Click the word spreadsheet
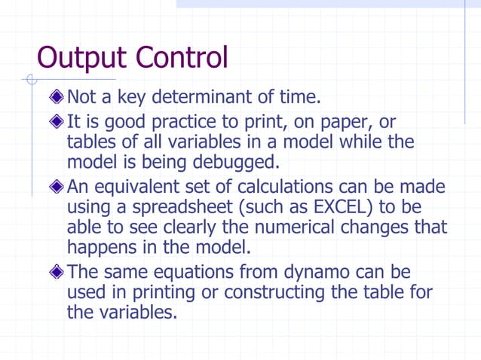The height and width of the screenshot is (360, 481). tap(179, 206)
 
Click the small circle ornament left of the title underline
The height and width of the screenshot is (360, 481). tap(30, 78)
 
